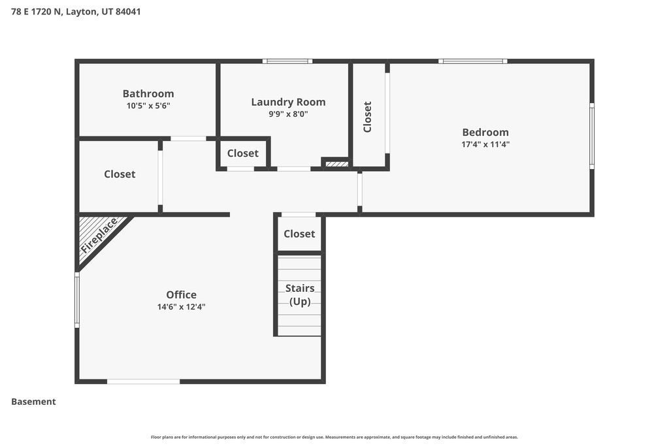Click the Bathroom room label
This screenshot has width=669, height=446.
click(148, 93)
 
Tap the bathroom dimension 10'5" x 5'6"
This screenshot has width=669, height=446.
click(148, 105)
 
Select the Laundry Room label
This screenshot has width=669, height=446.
click(288, 102)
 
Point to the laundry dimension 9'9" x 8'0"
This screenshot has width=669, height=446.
click(288, 114)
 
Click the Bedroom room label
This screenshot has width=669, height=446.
click(485, 132)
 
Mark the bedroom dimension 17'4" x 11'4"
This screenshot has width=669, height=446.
click(485, 144)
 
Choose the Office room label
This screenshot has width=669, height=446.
click(181, 295)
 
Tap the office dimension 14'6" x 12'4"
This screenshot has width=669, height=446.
click(181, 306)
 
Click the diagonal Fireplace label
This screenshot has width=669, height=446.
click(99, 236)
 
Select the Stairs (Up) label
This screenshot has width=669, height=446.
click(300, 295)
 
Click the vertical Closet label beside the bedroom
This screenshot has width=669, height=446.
click(367, 117)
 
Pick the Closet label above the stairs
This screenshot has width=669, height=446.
click(299, 234)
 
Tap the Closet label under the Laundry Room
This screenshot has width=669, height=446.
click(243, 153)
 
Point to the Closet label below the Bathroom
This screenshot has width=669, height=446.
click(120, 174)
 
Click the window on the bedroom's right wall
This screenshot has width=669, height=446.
click(592, 136)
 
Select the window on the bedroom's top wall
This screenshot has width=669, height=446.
click(473, 61)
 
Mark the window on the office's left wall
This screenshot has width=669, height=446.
click(77, 300)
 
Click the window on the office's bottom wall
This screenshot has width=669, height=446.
click(143, 381)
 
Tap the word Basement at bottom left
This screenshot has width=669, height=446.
click(33, 402)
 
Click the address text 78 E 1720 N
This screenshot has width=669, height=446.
click(37, 11)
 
